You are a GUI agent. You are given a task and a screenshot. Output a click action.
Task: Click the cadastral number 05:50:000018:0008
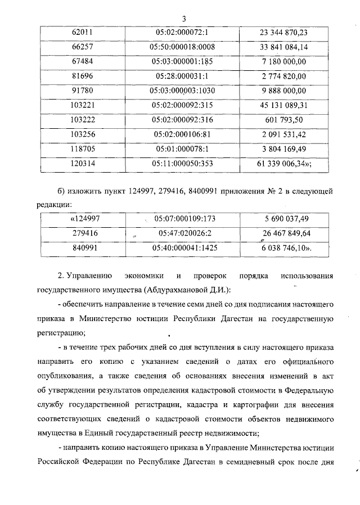coord(186,47)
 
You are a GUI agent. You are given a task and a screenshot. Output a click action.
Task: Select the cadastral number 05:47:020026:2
coord(186,232)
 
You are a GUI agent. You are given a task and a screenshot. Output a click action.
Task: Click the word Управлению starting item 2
coord(89,276)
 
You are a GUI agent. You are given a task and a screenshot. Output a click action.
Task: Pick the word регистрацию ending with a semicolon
coord(61,333)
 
